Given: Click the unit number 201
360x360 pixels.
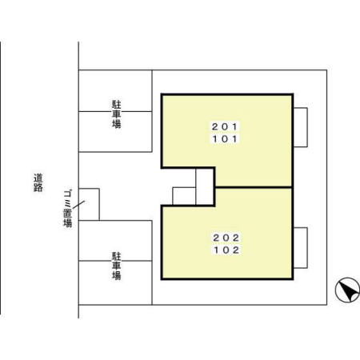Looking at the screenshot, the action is (225, 126).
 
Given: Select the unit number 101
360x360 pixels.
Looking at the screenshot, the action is (225, 139).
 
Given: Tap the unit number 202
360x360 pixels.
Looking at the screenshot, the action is (226, 238).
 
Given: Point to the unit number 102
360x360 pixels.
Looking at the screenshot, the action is (226, 250).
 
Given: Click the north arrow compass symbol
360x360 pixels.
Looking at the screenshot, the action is (348, 290).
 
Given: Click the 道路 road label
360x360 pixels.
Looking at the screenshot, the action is (38, 182).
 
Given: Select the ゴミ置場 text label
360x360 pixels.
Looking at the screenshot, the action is (68, 208).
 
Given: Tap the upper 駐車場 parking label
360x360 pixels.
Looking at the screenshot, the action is (116, 114).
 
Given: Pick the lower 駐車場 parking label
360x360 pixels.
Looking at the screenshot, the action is (116, 266).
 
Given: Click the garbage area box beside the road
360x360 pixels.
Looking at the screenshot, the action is (89, 204).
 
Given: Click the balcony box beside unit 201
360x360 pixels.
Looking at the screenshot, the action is (301, 127).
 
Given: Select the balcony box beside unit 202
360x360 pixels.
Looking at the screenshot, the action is (301, 248).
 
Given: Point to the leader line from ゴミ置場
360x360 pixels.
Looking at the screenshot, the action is (78, 205).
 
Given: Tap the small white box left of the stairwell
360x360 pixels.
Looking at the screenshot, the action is (184, 196).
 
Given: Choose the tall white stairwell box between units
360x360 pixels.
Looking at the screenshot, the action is (205, 186).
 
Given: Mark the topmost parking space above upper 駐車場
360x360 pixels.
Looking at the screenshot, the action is (115, 90).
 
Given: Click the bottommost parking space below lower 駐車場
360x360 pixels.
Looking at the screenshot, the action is (115, 282).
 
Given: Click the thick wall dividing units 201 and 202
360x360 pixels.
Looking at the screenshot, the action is (254, 187).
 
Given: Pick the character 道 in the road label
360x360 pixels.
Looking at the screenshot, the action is (38, 178).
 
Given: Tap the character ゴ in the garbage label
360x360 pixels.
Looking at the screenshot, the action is (68, 194).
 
